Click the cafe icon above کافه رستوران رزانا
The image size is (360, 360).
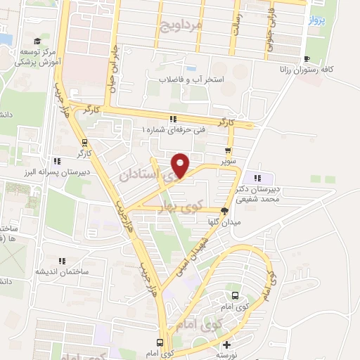[x=306, y=59]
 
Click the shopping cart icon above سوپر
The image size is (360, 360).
[x=228, y=150]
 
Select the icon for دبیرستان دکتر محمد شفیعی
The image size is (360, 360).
[x=258, y=179]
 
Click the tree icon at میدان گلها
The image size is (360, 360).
[x=225, y=210]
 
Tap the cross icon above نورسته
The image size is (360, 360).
[x=226, y=345]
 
